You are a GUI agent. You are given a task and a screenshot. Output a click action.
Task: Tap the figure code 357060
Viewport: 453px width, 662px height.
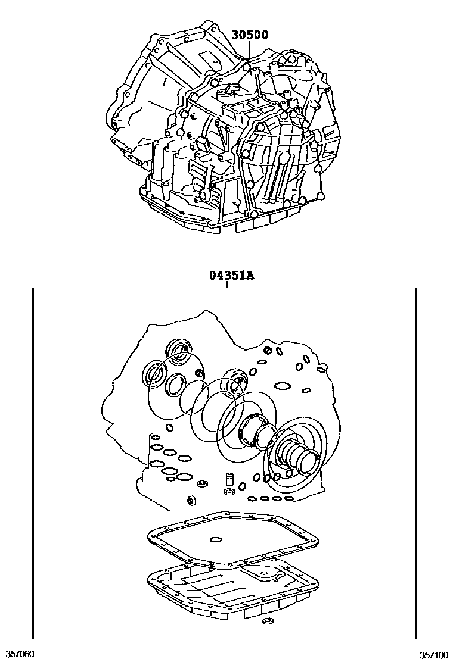18,654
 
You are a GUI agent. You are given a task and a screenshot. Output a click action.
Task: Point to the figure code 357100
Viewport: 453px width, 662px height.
434,654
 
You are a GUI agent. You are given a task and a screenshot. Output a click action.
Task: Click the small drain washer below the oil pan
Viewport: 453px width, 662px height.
266,623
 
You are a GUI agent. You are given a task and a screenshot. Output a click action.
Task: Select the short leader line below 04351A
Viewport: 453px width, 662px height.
228,285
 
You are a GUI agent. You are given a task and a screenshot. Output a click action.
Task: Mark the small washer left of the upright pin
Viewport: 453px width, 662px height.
203,483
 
